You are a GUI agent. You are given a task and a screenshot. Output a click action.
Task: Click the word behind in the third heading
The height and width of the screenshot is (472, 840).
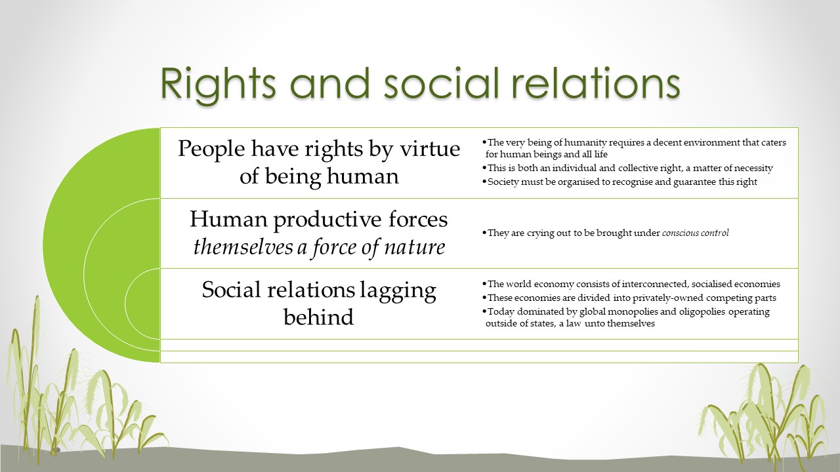[x=318, y=317]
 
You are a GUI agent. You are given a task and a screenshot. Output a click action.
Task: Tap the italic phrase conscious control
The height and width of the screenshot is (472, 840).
[x=695, y=233]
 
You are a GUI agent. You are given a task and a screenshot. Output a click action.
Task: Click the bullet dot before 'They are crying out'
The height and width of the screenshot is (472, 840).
[x=484, y=233]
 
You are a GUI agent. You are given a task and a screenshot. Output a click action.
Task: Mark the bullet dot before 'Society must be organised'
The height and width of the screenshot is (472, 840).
[x=484, y=182]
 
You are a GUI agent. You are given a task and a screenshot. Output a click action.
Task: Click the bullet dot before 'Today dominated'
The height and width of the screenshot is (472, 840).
[x=484, y=311]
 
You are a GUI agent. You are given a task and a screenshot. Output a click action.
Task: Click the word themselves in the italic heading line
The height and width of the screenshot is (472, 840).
[x=243, y=247]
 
